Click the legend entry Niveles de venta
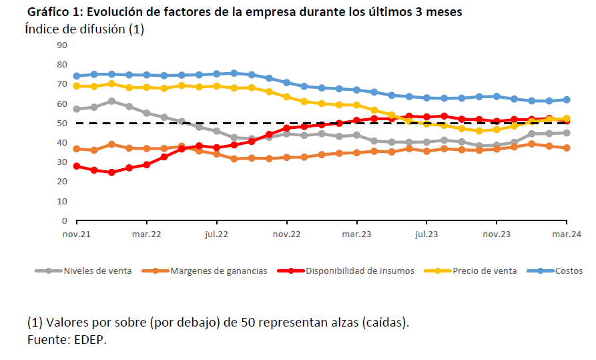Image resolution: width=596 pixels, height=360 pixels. (x=97, y=271)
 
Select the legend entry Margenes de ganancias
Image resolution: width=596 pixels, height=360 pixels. (x=218, y=271)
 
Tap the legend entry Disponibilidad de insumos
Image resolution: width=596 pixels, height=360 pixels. (x=360, y=271)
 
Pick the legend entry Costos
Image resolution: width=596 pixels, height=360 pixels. (x=569, y=271)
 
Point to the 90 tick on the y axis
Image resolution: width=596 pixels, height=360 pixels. (x=63, y=45)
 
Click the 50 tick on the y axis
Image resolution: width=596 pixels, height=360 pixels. (x=63, y=123)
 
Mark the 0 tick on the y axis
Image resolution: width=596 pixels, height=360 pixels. (x=65, y=220)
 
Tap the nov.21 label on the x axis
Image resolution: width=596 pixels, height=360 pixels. (x=77, y=234)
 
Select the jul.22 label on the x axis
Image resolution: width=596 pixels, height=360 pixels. (x=217, y=234)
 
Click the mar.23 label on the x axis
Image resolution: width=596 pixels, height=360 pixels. (x=356, y=234)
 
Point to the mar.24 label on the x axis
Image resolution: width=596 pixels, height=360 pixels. (x=567, y=234)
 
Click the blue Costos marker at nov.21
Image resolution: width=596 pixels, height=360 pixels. (x=77, y=76)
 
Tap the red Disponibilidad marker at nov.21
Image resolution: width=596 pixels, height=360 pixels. (x=77, y=166)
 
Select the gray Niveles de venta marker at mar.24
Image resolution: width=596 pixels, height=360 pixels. (x=567, y=133)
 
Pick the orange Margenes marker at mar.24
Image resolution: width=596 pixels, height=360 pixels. (x=567, y=148)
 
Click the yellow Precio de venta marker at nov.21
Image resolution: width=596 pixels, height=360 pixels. (x=77, y=86)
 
